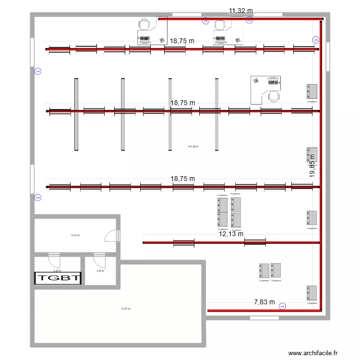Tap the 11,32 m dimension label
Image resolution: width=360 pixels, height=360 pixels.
click(241, 11)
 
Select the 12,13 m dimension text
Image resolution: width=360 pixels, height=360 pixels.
click(231, 234)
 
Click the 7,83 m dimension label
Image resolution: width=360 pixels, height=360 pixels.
click(264, 302)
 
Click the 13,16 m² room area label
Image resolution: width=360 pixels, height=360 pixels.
click(75, 236)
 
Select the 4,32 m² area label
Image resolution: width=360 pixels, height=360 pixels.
click(99, 271)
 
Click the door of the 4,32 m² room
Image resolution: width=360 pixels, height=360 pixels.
click(99, 260)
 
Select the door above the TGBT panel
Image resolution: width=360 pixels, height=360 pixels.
click(53, 261)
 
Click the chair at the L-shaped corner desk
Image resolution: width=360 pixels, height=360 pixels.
click(273, 96)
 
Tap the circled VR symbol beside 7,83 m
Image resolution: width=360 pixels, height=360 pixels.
click(282, 306)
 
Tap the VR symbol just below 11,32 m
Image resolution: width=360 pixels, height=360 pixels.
click(249, 21)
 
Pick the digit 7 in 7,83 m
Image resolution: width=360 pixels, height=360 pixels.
click(256, 302)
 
